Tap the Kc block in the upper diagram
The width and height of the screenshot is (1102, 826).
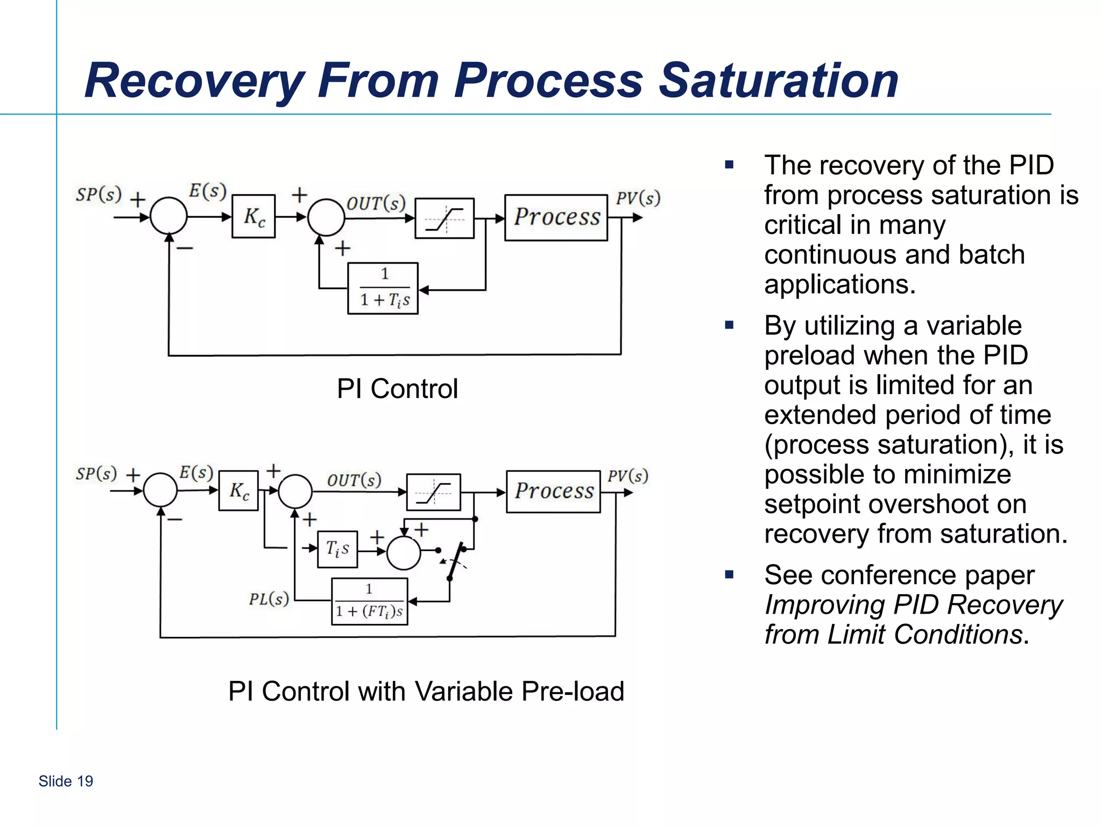pos(253,217)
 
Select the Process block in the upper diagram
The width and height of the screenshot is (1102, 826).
pos(556,217)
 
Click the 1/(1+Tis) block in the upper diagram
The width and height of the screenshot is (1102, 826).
pos(383,288)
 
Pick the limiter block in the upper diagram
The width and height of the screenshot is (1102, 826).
pos(444,218)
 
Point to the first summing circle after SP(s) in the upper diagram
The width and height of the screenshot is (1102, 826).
pos(168,216)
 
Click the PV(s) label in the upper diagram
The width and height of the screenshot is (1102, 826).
pos(638,198)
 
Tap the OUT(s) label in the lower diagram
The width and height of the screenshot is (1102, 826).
pos(354,480)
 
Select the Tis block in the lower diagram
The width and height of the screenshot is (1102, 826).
pos(337,549)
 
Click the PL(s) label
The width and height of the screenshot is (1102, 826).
pos(269,599)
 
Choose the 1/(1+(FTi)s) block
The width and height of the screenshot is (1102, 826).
pos(369,601)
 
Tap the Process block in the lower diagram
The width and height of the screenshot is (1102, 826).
pos(553,492)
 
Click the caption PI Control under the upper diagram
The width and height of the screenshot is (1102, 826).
pos(397,389)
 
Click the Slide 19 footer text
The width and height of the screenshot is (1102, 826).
pos(66,781)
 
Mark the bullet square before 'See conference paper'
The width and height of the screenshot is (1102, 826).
pos(729,574)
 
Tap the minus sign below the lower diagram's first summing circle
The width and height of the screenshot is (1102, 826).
pos(175,519)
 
